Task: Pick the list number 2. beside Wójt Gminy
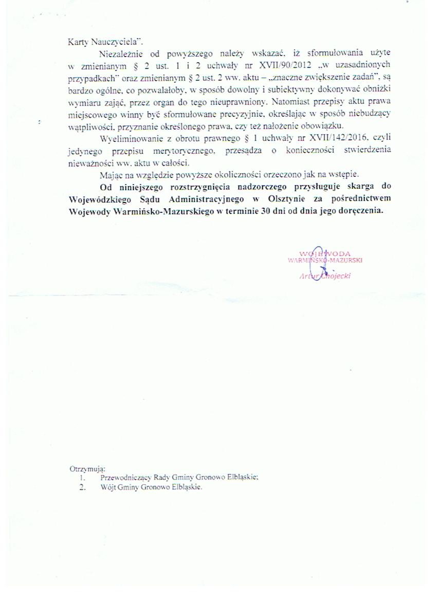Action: (x=82, y=487)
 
